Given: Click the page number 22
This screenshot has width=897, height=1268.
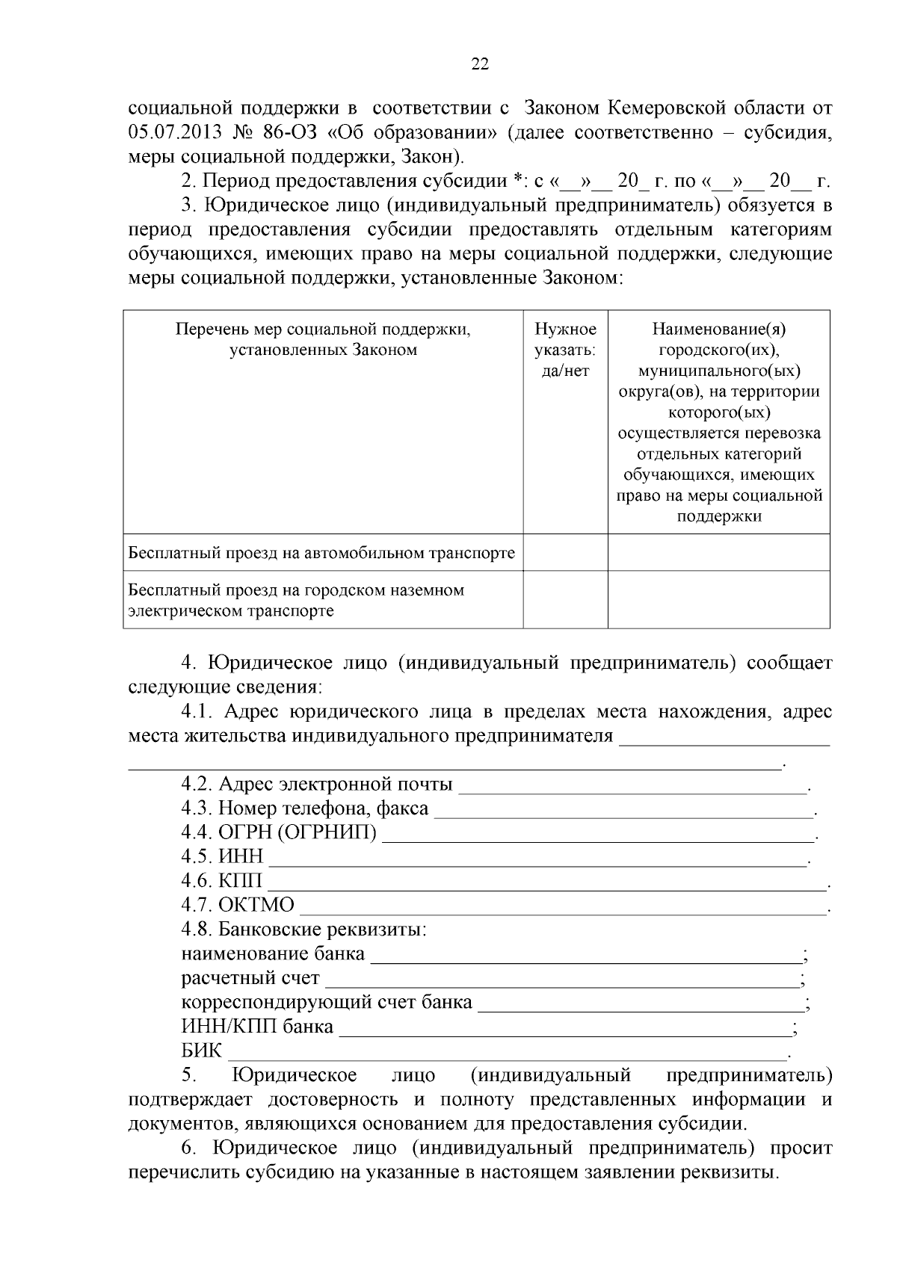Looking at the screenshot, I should coord(480,64).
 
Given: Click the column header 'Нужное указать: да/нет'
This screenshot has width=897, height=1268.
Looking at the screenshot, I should coord(565,350).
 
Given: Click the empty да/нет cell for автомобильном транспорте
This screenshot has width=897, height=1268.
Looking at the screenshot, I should coord(565,553).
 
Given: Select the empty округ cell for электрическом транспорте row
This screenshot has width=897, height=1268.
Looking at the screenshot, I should coord(718,600).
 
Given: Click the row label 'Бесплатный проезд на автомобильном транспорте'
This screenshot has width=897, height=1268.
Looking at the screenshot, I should coord(321,553).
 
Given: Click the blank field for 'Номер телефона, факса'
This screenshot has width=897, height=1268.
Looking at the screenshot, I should coord(623,810).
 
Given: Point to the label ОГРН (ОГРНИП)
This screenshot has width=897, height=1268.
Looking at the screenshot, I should coord(298,832).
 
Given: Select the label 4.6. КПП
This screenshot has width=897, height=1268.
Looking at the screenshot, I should coord(221,881).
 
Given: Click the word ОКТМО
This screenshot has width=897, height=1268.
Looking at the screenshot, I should coord(256,905).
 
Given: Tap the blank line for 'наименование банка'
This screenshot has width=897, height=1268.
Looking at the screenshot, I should coord(586,955).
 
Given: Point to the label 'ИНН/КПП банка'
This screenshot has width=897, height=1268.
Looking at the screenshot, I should coord(257,1026).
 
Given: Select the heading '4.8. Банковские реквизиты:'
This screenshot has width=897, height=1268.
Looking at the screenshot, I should coord(303,930).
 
